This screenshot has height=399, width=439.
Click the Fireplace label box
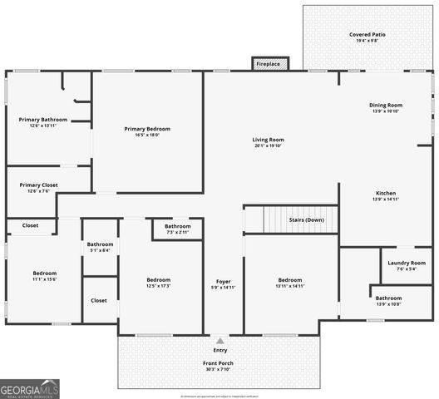[x=269, y=64]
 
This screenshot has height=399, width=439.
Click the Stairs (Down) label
[x=306, y=220]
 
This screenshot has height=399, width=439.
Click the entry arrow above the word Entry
[x=219, y=341]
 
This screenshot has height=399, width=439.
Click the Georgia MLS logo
[x=30, y=388]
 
